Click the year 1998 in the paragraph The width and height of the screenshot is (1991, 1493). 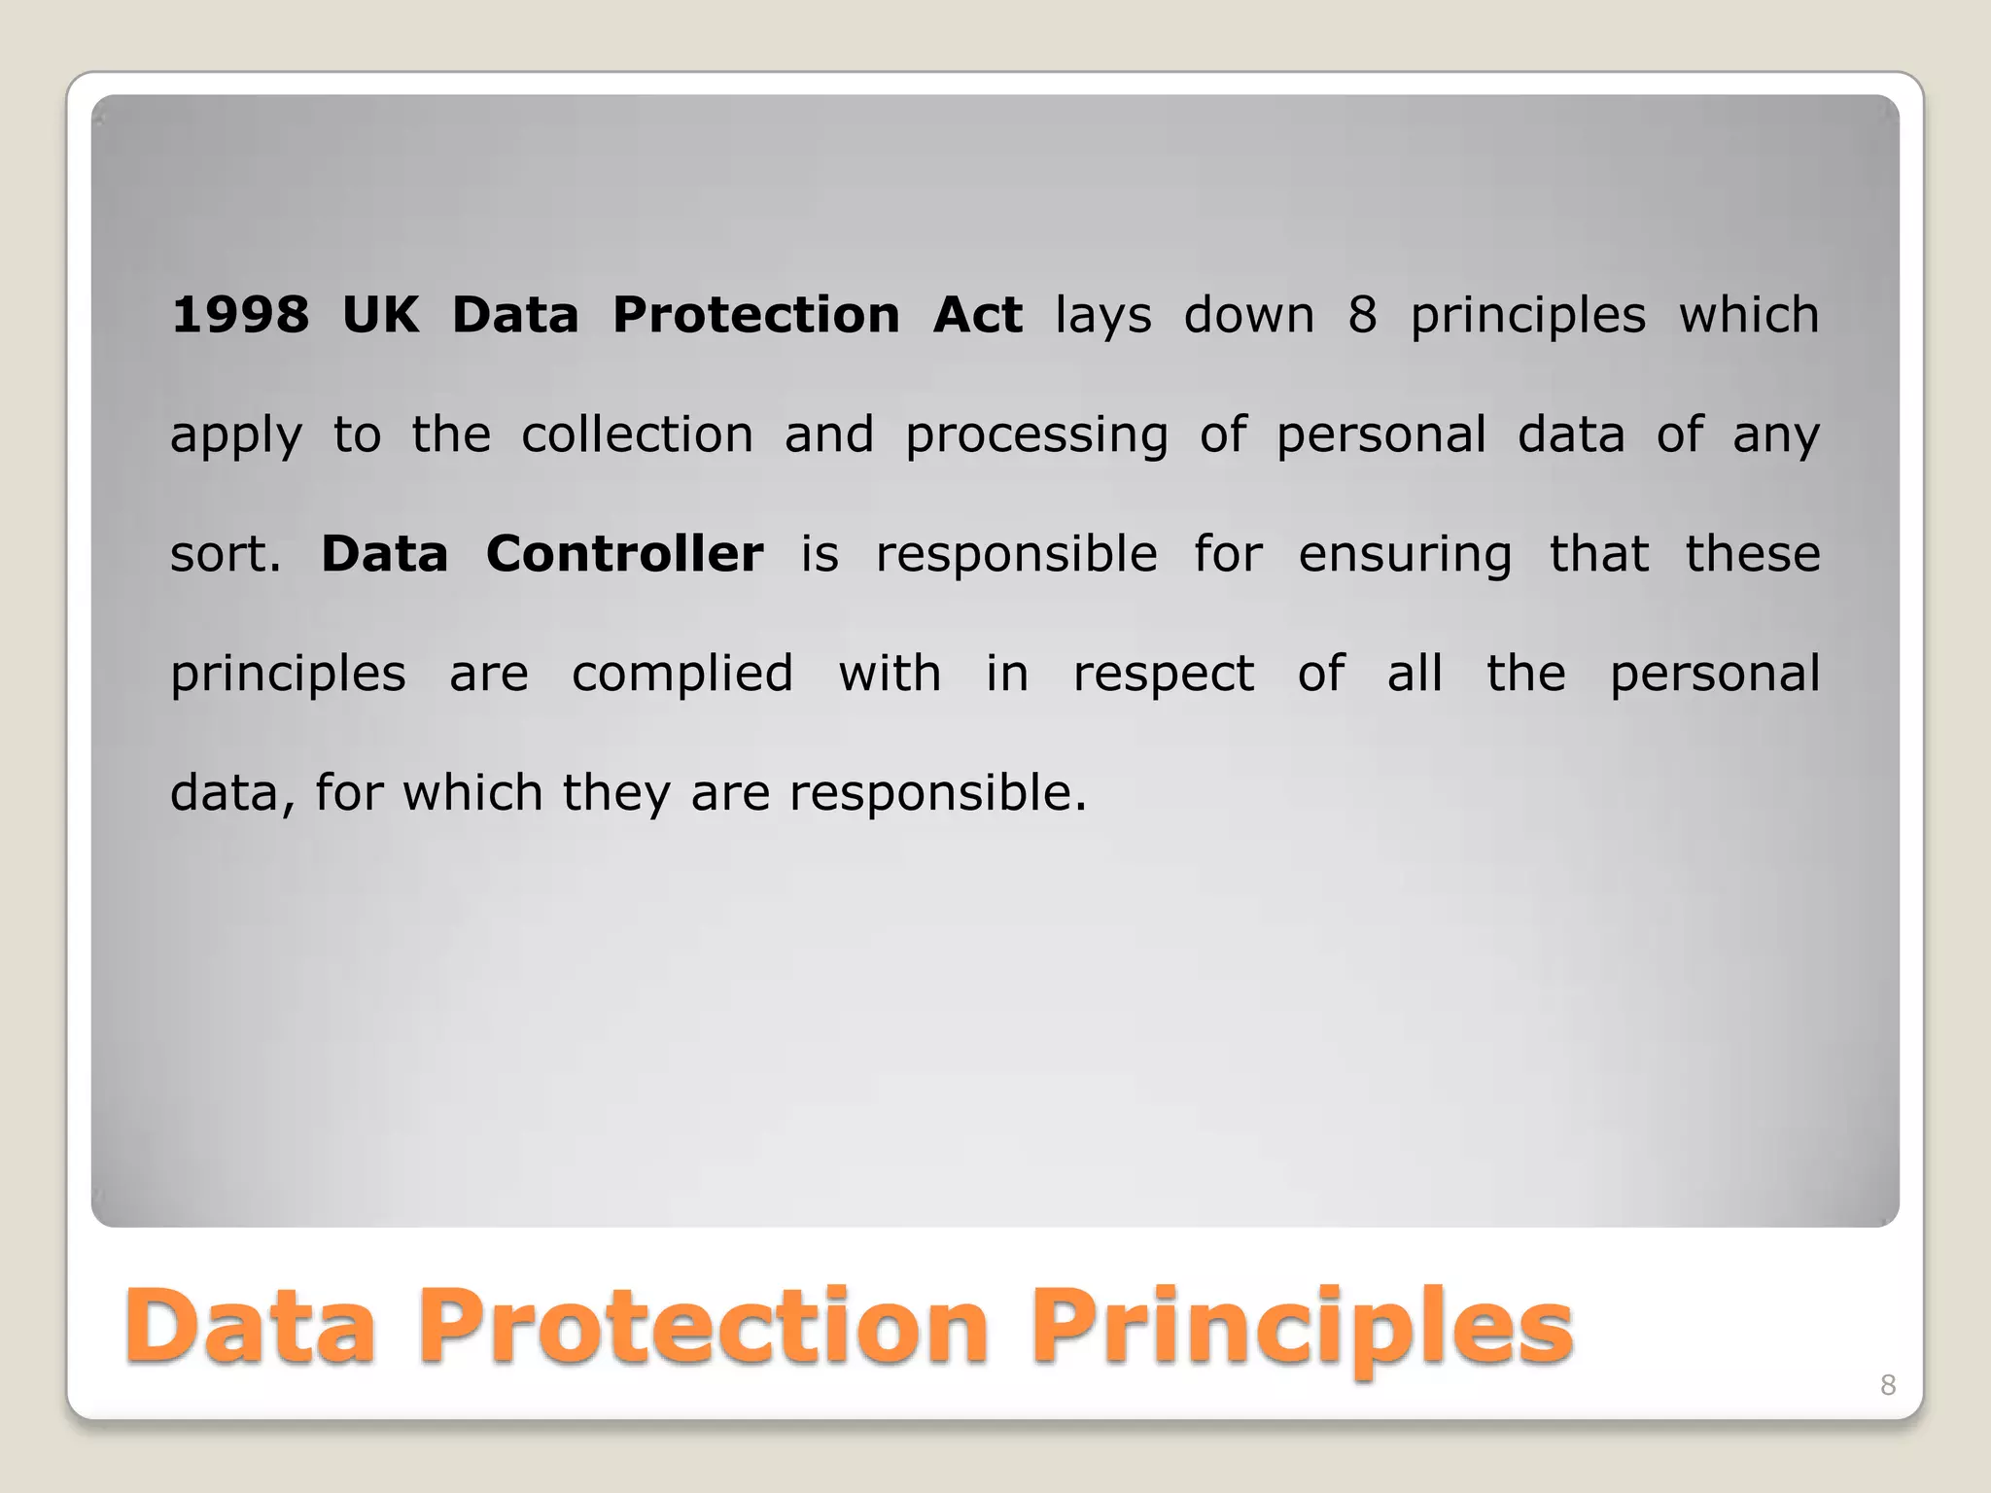coord(240,315)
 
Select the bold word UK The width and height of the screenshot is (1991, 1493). coord(381,315)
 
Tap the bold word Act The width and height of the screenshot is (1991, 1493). coord(977,315)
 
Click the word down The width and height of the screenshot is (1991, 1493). coord(1249,315)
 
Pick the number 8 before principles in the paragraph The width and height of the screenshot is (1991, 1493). coord(1362,315)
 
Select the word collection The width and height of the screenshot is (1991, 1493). coord(638,434)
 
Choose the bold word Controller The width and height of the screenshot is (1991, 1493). coord(624,554)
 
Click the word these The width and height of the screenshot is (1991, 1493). coord(1753,554)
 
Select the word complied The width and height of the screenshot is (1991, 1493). coord(682,675)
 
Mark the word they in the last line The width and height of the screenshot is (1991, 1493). coord(616,794)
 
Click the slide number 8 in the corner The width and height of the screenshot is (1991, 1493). coord(1888,1385)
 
